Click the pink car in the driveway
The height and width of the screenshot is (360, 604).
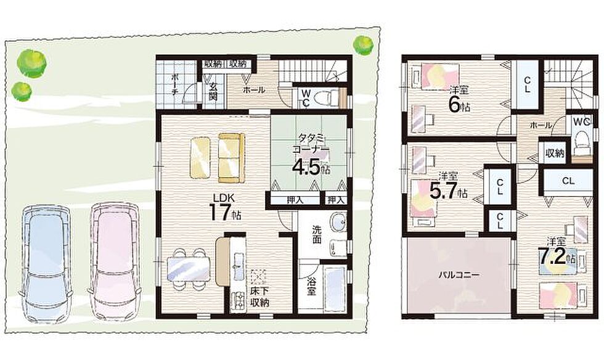tap(115, 260)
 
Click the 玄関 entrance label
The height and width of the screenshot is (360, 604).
tap(213, 91)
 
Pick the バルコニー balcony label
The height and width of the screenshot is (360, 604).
tap(459, 275)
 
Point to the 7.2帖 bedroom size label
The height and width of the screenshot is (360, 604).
tap(556, 257)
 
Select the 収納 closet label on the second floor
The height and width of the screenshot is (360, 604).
tap(555, 153)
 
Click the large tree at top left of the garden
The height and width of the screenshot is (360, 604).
tap(31, 63)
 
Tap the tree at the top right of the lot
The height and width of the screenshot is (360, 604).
tap(363, 45)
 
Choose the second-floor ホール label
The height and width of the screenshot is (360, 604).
tap(541, 125)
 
